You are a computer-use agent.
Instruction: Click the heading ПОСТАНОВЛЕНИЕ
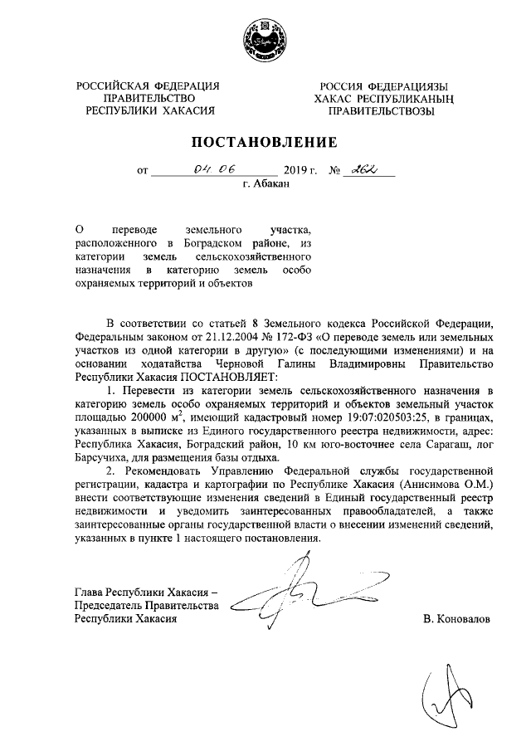(265, 140)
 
